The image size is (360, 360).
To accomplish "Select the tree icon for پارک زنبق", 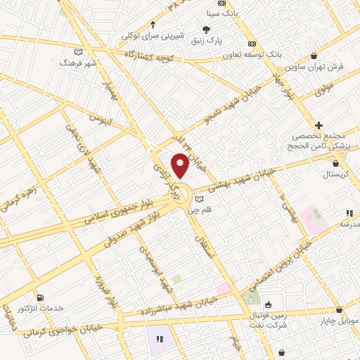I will [x=205, y=29].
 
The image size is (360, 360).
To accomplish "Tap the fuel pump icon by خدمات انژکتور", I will [x=39, y=297].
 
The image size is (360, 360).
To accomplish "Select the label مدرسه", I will [x=349, y=224].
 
